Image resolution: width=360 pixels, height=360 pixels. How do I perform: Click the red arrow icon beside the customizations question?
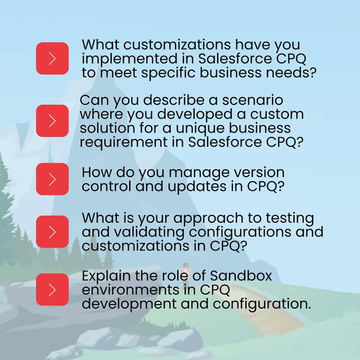(x=52, y=58)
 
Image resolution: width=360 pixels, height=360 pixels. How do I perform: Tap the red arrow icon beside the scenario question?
(x=52, y=121)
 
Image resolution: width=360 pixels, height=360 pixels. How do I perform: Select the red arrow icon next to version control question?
(x=52, y=179)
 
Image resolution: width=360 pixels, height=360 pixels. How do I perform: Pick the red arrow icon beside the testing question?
(x=52, y=231)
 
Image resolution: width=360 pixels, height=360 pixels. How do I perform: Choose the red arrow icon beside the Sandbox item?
(x=52, y=289)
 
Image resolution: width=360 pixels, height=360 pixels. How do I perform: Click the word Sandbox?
(x=241, y=277)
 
